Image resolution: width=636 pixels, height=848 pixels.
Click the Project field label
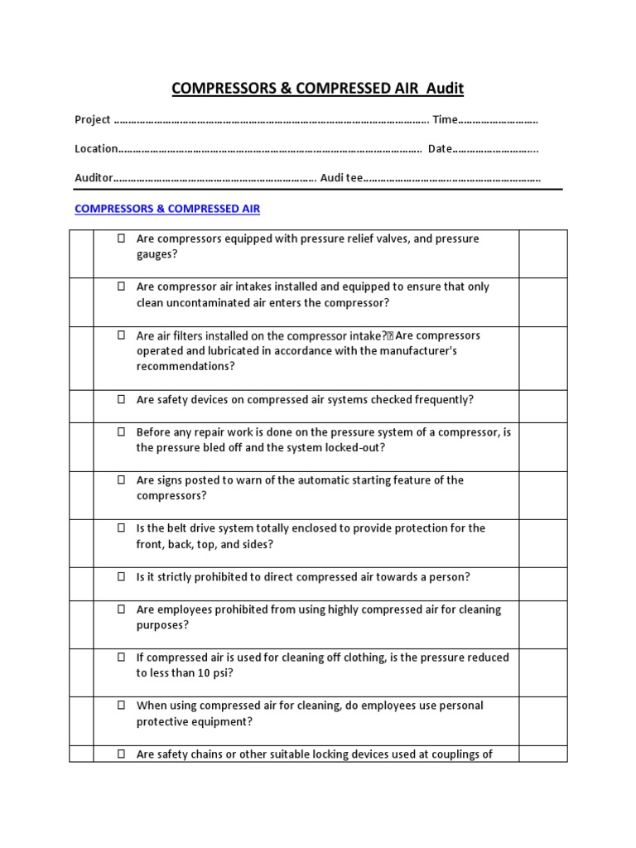click(x=93, y=120)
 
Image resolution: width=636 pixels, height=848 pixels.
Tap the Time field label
click(x=445, y=120)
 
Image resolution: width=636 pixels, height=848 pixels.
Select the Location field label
click(x=96, y=149)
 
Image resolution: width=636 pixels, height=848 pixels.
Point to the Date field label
click(x=439, y=149)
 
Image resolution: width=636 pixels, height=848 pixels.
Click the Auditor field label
click(x=94, y=178)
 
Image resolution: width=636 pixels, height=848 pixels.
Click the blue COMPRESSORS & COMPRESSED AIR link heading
click(x=167, y=209)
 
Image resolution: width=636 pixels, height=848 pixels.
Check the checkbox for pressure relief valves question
click(x=121, y=238)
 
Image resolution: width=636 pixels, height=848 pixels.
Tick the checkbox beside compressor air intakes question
click(x=121, y=287)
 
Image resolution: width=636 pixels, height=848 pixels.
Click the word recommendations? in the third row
click(x=185, y=366)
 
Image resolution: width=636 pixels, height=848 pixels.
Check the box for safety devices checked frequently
click(x=121, y=399)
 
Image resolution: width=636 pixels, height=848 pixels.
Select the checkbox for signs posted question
click(x=121, y=479)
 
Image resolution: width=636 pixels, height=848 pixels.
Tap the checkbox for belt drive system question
click(x=121, y=528)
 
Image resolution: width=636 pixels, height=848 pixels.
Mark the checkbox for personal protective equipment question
click(x=121, y=706)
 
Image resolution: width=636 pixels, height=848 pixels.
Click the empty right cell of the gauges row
click(x=542, y=253)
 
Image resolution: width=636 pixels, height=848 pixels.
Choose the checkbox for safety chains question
click(x=121, y=754)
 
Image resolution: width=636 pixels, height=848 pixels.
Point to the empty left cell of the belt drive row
click(x=81, y=543)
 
